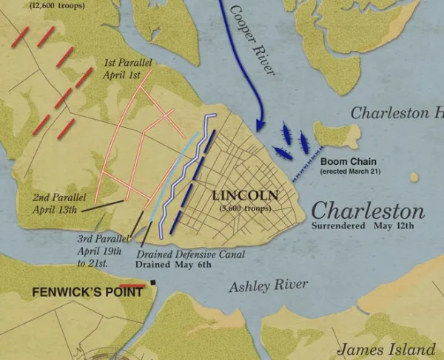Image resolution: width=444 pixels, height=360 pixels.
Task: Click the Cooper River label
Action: coord(252,42)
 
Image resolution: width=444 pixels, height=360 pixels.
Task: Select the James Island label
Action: coord(386,349)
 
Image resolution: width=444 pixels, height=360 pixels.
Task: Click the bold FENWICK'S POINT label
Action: coord(77,292)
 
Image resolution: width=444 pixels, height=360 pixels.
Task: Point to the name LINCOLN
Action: coord(245,196)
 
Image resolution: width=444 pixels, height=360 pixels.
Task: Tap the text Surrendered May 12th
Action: coord(363,225)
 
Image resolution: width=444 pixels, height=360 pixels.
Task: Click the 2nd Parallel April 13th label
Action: coord(60,203)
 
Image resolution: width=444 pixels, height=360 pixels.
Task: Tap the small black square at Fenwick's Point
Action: coord(153,282)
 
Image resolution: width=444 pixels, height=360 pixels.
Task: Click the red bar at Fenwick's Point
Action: coord(132,285)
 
